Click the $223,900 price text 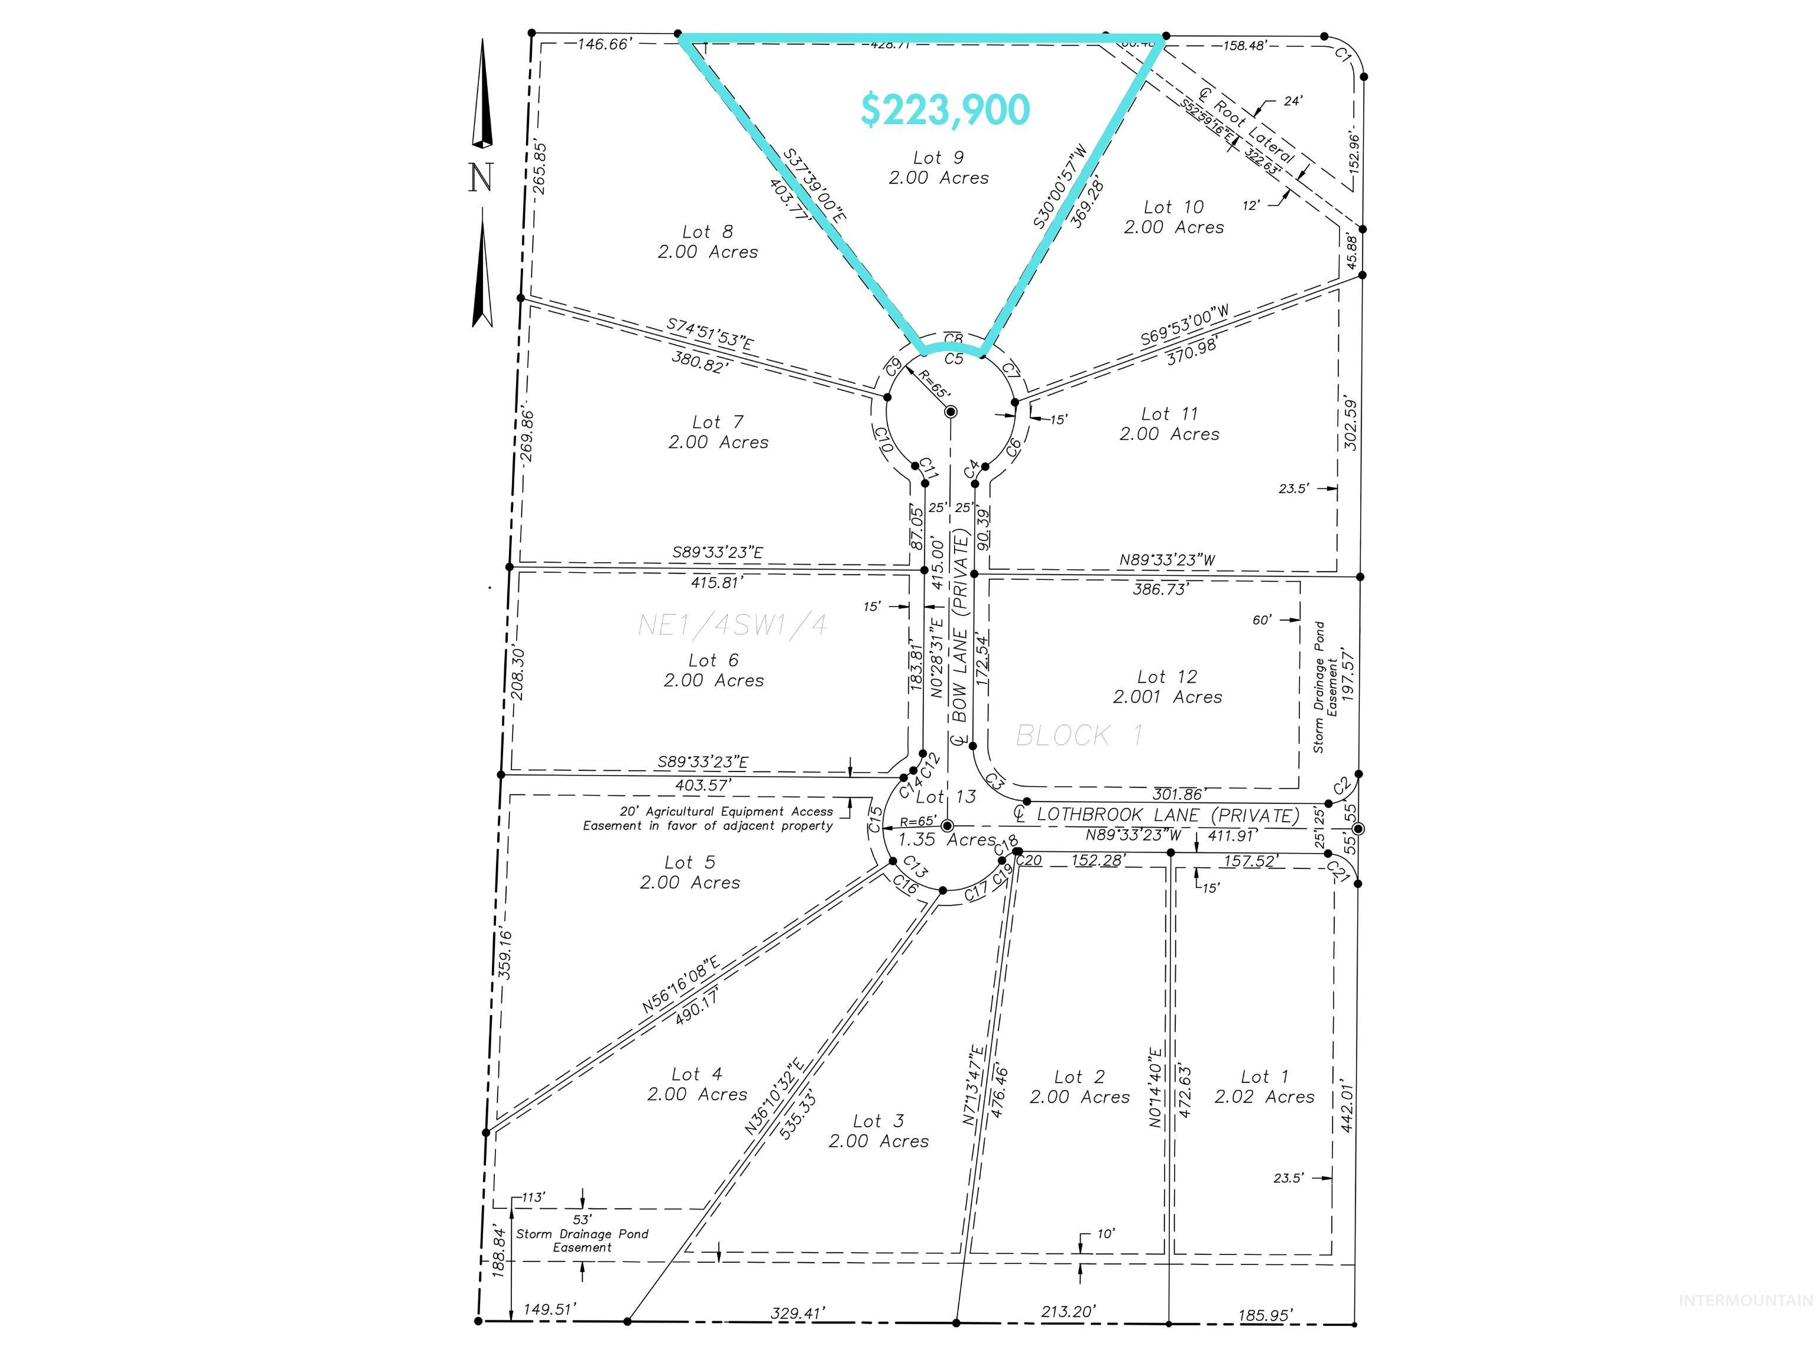(945, 110)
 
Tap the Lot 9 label (938, 157)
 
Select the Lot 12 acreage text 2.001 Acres (1166, 697)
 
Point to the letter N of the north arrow (481, 177)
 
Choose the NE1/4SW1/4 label (732, 625)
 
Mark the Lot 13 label (946, 796)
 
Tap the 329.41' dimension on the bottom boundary (797, 1337)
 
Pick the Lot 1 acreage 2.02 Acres (1264, 1097)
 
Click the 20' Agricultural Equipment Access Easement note (708, 819)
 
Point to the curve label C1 (1342, 56)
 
